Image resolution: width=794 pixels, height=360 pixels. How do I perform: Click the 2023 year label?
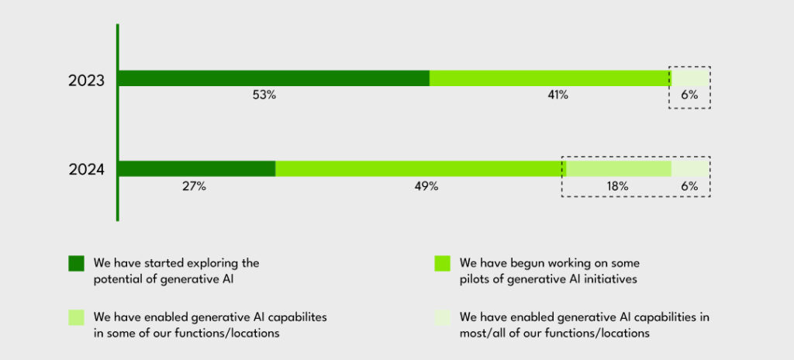click(x=86, y=81)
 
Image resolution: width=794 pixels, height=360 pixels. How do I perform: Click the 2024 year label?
click(x=86, y=170)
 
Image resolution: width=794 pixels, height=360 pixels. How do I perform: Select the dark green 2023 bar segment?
click(x=274, y=78)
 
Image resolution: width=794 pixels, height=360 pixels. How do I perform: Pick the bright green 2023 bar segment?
click(x=551, y=78)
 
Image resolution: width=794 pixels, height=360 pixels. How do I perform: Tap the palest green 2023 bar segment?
click(x=689, y=78)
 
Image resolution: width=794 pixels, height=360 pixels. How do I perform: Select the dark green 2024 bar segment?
click(x=198, y=169)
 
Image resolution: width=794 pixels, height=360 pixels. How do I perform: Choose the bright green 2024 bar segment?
click(x=421, y=169)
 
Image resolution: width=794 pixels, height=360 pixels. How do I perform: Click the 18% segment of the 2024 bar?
click(x=619, y=169)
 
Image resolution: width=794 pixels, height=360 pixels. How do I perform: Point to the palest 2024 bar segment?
click(x=689, y=169)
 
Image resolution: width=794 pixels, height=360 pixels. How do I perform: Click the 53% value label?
click(x=264, y=95)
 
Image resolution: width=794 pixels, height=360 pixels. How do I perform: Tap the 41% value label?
click(x=557, y=95)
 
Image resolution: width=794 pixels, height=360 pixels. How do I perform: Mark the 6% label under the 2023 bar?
click(x=689, y=95)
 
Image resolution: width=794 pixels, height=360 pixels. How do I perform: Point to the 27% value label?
click(x=195, y=186)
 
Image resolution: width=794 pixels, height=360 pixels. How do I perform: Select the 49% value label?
click(x=426, y=186)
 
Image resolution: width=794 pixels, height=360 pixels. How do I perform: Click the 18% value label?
click(x=618, y=186)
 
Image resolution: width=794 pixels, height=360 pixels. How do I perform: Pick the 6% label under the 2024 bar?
click(x=689, y=186)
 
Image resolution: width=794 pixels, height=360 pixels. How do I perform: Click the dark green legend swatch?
click(x=76, y=264)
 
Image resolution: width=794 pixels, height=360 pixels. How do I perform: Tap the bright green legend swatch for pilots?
click(x=442, y=264)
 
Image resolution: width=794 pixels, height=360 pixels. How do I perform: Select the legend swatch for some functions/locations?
click(x=76, y=317)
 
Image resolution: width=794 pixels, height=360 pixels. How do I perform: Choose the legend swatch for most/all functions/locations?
click(x=442, y=317)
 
